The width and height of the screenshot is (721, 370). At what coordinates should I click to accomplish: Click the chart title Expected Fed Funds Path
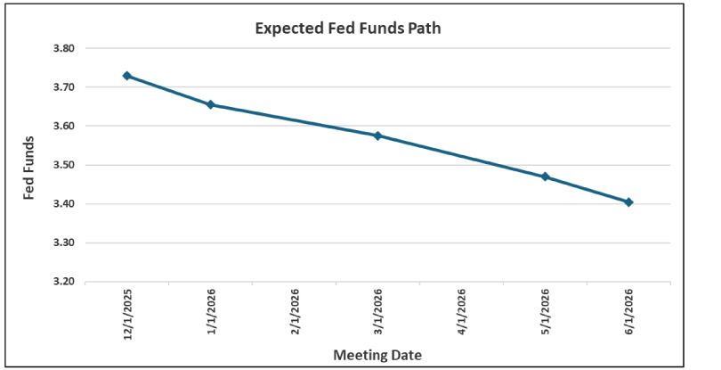pyautogui.click(x=348, y=29)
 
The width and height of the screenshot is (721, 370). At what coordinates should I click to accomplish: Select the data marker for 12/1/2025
pyautogui.click(x=127, y=76)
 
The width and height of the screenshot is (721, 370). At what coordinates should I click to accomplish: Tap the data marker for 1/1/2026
pyautogui.click(x=211, y=104)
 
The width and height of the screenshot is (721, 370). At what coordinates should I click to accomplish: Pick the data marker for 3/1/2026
pyautogui.click(x=377, y=136)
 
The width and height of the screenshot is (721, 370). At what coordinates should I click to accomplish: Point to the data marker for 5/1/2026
pyautogui.click(x=545, y=177)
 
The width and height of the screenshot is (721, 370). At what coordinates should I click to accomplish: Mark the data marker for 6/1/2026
pyautogui.click(x=628, y=202)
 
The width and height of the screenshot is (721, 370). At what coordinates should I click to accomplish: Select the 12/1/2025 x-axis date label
pyautogui.click(x=127, y=313)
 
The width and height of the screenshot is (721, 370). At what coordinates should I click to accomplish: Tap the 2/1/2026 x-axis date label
pyautogui.click(x=295, y=313)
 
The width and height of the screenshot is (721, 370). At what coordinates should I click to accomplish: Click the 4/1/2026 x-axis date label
pyautogui.click(x=461, y=313)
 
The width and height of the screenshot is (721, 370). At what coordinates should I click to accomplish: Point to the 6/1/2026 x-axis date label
pyautogui.click(x=628, y=313)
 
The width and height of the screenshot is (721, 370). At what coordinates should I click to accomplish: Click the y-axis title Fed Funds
pyautogui.click(x=29, y=168)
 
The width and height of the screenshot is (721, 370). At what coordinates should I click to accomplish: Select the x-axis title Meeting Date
pyautogui.click(x=377, y=355)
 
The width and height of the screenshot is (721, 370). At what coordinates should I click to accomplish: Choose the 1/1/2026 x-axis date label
pyautogui.click(x=211, y=313)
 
